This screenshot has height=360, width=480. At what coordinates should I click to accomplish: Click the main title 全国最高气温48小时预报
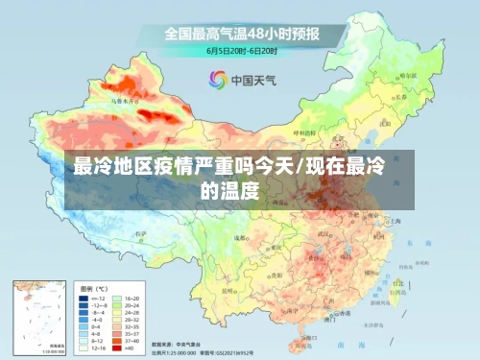pos(242,34)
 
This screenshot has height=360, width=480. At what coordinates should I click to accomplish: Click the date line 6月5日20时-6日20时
pos(242,50)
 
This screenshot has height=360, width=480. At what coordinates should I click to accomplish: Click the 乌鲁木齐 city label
pos(122,99)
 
